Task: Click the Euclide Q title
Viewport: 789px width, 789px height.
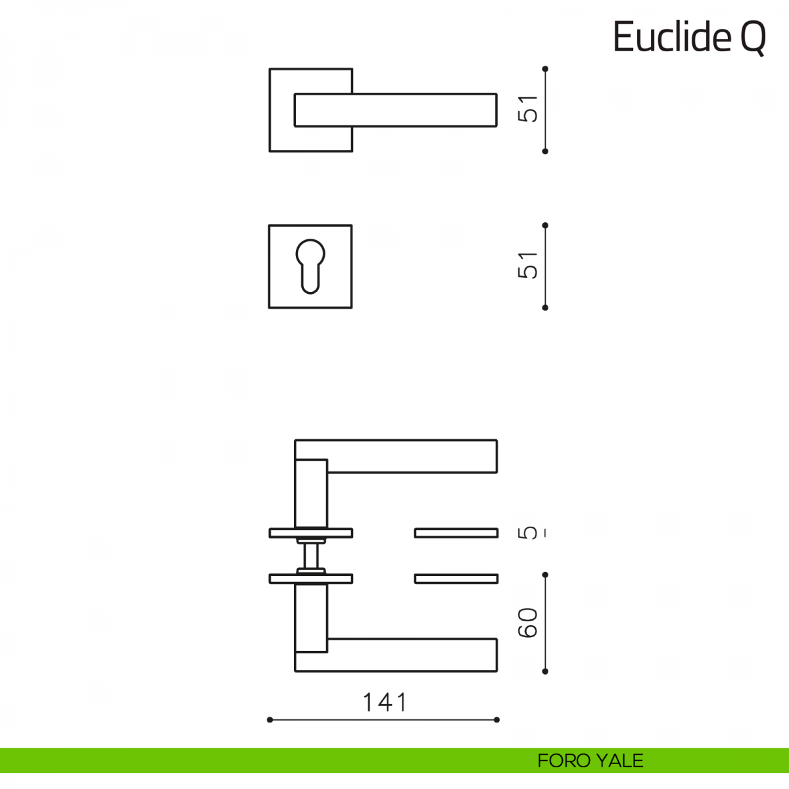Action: coord(689,37)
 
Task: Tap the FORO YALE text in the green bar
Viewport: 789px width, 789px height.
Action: coord(590,761)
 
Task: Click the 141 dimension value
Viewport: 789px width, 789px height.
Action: coord(385,702)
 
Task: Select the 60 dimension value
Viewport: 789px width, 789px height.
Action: coord(528,623)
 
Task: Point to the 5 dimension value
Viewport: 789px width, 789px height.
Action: coord(528,533)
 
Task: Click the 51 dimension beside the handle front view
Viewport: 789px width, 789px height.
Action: coord(528,109)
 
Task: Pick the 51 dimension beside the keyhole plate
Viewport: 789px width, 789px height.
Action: coord(528,266)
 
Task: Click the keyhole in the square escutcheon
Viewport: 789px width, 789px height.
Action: coord(310,266)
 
